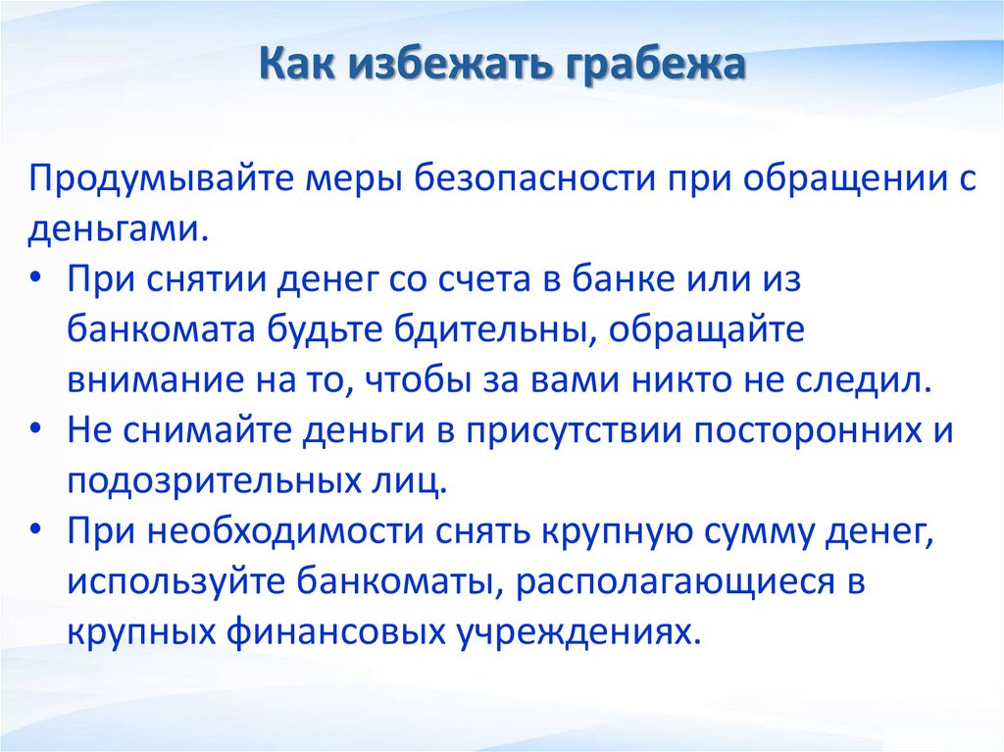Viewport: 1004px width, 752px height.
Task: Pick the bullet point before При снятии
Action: click(35, 278)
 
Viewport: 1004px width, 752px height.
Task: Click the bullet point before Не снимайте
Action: click(35, 431)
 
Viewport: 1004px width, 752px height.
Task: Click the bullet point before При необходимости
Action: click(35, 532)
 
